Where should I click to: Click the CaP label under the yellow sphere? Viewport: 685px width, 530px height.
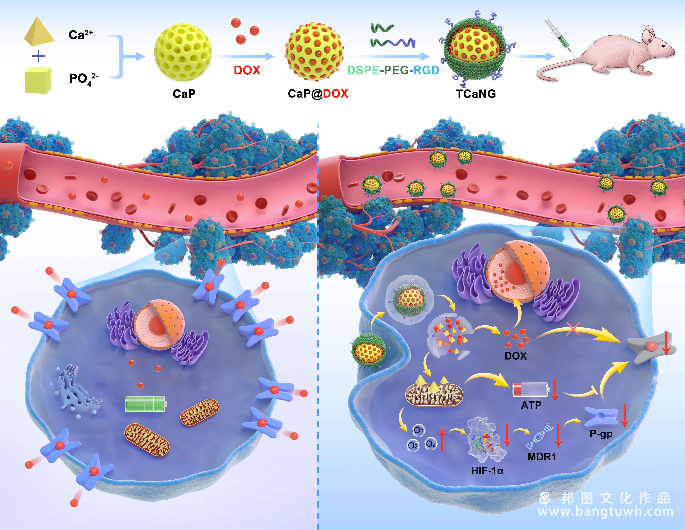(x=184, y=94)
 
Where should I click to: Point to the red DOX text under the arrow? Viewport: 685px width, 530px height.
(x=247, y=70)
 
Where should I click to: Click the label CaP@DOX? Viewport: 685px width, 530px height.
(x=318, y=94)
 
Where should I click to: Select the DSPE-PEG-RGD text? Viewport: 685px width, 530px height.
(x=393, y=70)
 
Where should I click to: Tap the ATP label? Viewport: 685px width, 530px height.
(x=531, y=405)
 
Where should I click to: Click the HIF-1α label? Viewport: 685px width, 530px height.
(x=487, y=471)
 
